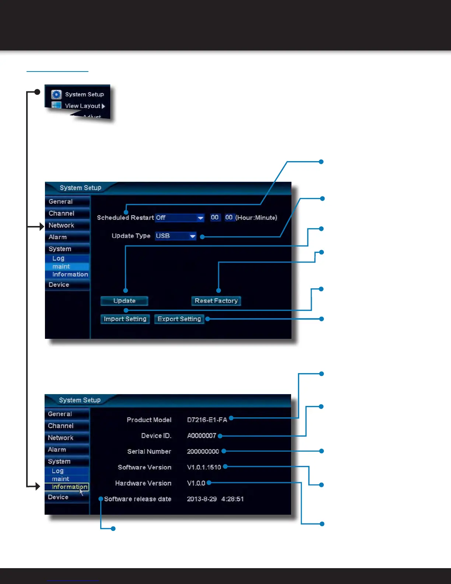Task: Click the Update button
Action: pos(124,301)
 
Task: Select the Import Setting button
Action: pos(125,319)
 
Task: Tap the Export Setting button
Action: pos(179,319)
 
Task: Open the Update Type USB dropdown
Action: pos(176,236)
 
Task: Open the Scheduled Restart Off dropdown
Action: pos(179,218)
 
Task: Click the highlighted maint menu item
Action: pos(67,267)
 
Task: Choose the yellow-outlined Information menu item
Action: pos(67,487)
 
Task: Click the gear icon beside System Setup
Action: pos(56,94)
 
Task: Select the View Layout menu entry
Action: pos(83,106)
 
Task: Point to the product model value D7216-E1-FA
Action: pos(207,420)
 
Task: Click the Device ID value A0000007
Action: pos(202,436)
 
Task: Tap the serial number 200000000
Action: pos(203,452)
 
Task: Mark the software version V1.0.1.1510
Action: pos(204,467)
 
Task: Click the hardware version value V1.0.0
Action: pos(196,483)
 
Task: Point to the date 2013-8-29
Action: pos(202,499)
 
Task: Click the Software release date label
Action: pos(137,499)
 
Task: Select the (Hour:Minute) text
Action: pos(256,218)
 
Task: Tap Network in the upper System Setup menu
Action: pos(62,225)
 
